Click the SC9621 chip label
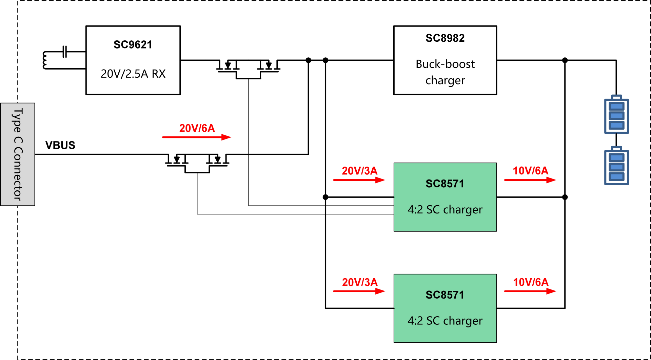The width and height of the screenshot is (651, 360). (x=133, y=45)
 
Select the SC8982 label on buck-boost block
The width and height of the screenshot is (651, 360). (x=445, y=38)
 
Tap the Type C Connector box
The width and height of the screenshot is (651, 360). (x=18, y=154)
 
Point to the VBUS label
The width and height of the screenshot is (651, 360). (x=60, y=145)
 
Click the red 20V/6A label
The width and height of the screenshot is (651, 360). (x=197, y=128)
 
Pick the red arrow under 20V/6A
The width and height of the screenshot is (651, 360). (x=197, y=137)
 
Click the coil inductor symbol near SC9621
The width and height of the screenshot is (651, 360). (x=45, y=60)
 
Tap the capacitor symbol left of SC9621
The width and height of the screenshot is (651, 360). (x=65, y=52)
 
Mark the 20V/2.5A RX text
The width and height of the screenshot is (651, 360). (x=133, y=74)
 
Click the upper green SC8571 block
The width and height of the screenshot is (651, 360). (x=445, y=197)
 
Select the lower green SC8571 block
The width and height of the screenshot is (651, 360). (x=445, y=308)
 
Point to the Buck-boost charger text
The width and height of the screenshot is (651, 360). (x=445, y=72)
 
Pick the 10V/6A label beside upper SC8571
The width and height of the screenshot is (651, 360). (x=530, y=171)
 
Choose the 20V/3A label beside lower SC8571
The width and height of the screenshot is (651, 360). (x=359, y=282)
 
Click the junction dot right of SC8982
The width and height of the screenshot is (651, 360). (x=565, y=60)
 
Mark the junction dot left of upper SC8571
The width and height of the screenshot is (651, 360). (x=325, y=197)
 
